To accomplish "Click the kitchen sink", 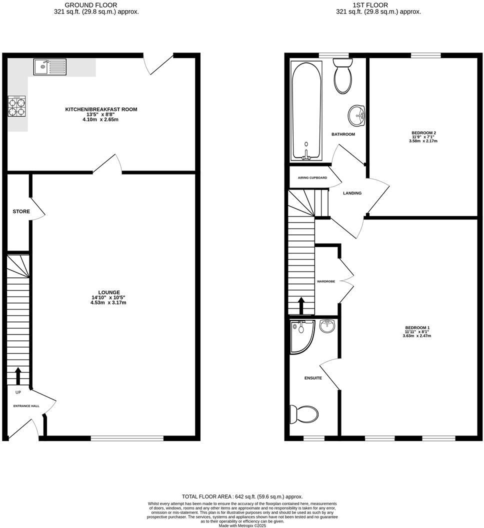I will pos(49,66).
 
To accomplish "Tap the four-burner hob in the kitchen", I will pos(16,106).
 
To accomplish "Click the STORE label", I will pos(21,211).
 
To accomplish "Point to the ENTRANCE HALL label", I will pos(26,406).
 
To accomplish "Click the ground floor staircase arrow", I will pos(18,375).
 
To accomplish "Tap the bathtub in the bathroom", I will pos(306,110).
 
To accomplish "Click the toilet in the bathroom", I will pos(343,76).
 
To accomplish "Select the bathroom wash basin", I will pos(357,116).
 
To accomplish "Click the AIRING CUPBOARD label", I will pos(312,178).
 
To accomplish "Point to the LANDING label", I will pos(352,193).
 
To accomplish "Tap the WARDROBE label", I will pos(326,281).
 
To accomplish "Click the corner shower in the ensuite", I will pos(301,335).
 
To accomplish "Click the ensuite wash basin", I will pos(327,326).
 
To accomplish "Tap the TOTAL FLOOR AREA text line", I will pos(242,497).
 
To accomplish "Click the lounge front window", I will pos(127,439).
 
